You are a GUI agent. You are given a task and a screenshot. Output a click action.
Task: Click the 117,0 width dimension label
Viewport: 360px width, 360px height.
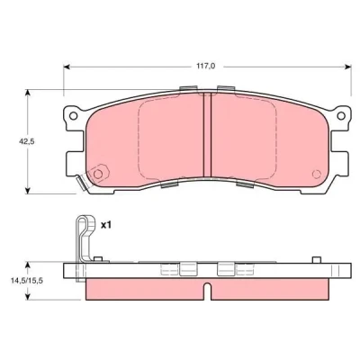(x=206, y=67)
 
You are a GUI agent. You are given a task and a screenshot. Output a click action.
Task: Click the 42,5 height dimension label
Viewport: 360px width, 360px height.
(x=25, y=141)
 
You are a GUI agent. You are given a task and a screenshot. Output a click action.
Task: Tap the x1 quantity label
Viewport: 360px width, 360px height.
(x=105, y=225)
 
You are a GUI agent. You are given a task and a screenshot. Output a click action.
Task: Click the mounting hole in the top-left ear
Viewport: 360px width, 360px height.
(x=73, y=115)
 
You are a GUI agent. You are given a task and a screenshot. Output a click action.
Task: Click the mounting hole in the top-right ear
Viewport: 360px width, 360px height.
(x=341, y=115)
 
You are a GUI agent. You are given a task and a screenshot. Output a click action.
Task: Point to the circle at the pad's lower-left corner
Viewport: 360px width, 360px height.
(x=98, y=174)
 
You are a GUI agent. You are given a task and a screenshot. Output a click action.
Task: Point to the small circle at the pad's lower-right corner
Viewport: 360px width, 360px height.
(x=316, y=174)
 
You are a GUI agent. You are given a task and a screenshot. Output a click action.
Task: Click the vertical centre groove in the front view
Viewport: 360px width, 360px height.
(x=207, y=134)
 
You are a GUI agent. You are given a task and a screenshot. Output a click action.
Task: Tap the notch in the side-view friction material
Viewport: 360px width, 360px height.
(x=207, y=291)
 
